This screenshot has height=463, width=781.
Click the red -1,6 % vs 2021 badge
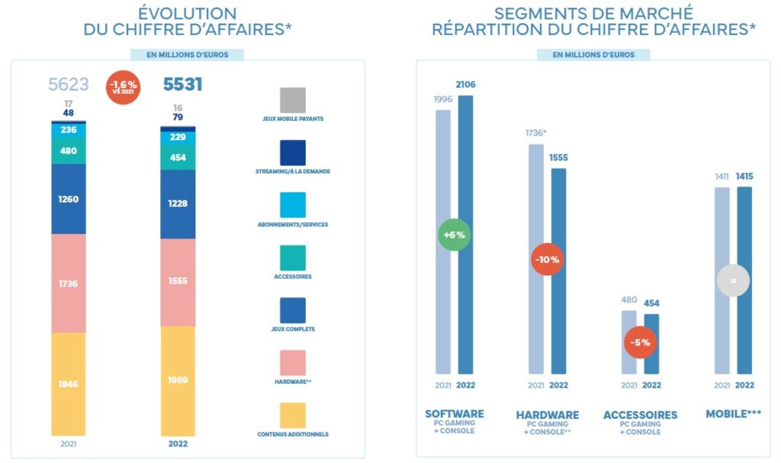pyautogui.click(x=123, y=85)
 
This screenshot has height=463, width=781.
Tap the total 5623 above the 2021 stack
pyautogui.click(x=68, y=85)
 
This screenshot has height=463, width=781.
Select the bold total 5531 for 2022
pyautogui.click(x=183, y=85)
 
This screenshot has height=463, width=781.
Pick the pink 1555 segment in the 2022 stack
pyautogui.click(x=177, y=281)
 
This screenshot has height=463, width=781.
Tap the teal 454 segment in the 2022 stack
pyautogui.click(x=177, y=158)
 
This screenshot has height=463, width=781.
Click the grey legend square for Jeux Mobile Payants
pyautogui.click(x=292, y=101)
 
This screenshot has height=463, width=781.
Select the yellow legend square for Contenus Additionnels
pyautogui.click(x=292, y=416)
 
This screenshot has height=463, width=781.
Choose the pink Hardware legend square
pyautogui.click(x=292, y=363)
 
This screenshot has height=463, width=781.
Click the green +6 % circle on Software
pyautogui.click(x=453, y=235)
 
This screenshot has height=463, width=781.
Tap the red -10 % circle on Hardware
pyautogui.click(x=547, y=260)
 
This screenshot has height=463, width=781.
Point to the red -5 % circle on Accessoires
pyautogui.click(x=640, y=343)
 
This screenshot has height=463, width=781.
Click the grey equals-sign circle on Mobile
pyautogui.click(x=733, y=280)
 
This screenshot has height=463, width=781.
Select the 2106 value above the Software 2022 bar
pyautogui.click(x=465, y=85)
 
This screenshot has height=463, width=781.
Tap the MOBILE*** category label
pyautogui.click(x=733, y=415)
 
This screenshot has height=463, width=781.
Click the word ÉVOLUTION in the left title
pyautogui.click(x=188, y=14)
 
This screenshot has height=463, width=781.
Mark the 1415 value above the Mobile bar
pyautogui.click(x=745, y=177)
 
